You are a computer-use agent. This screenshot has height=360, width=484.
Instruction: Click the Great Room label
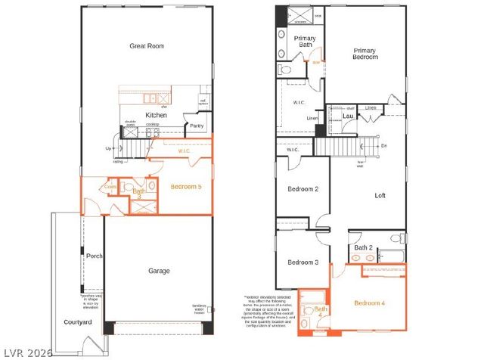pos(147,46)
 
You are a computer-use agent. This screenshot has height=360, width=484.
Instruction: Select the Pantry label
pos(196,126)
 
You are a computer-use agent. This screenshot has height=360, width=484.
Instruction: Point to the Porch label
pos(94,256)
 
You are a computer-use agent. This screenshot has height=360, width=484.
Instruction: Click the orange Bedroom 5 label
pos(185,186)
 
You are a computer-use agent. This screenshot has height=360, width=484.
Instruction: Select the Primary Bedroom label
pos(365,54)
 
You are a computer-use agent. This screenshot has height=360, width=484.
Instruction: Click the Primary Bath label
pos(305,42)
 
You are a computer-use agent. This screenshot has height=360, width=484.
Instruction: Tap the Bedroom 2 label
pos(302,189)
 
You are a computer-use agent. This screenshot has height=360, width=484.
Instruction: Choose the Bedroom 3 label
pos(302,262)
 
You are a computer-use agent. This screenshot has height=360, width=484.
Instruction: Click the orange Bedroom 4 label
pos(369,303)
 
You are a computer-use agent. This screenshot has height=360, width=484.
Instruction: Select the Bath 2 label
pos(364,247)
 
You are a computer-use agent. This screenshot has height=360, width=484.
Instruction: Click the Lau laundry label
pos(347,116)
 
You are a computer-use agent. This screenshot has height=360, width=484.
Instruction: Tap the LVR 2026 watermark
pos(24,352)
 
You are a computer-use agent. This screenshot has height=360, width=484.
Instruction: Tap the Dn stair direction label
pos(383,145)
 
